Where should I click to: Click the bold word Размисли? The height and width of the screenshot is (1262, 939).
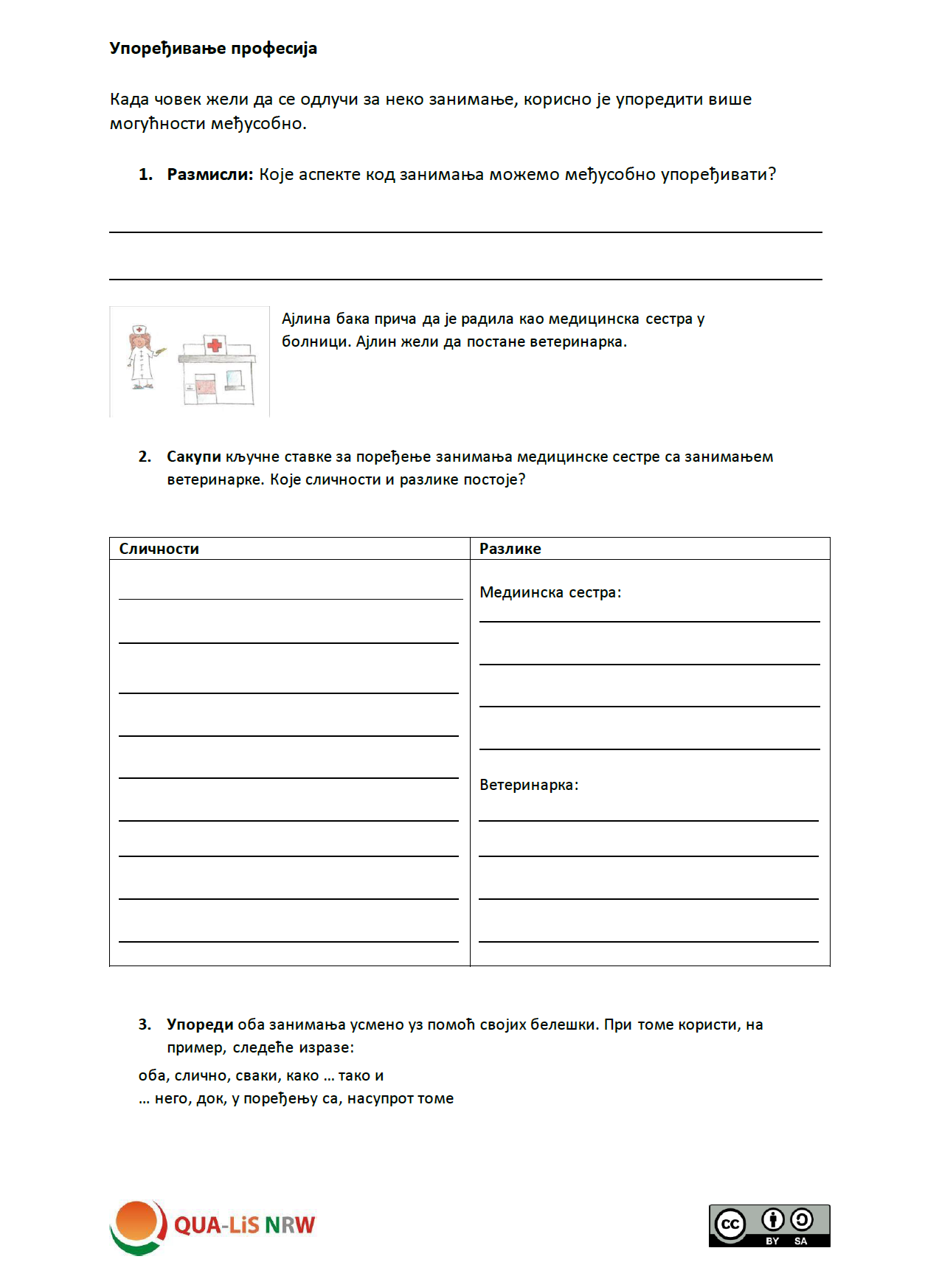coord(209,175)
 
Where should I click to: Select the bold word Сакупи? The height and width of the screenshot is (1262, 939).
coord(193,457)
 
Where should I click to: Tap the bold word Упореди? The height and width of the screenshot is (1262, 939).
coord(200,1024)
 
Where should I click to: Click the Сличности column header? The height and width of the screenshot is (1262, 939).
coord(159,549)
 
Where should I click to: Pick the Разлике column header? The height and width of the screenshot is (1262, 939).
coord(510,549)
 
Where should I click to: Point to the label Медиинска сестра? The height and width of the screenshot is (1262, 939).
coord(550,592)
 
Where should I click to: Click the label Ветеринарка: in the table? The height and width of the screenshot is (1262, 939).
coord(529,785)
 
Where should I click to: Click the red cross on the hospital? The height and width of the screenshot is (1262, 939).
coord(215,344)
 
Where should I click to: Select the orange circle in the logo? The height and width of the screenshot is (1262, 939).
coord(136,1221)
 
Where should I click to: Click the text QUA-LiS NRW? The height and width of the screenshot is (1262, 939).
coord(244,1225)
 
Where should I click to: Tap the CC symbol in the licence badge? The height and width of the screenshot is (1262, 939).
coord(730,1224)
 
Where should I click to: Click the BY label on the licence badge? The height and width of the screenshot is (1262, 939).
coord(772,1241)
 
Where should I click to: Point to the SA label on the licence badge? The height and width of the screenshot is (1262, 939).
coord(801,1241)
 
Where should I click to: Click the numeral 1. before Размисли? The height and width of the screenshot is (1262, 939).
coord(145,175)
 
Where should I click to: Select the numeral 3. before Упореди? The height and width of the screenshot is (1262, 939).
coord(145,1024)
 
